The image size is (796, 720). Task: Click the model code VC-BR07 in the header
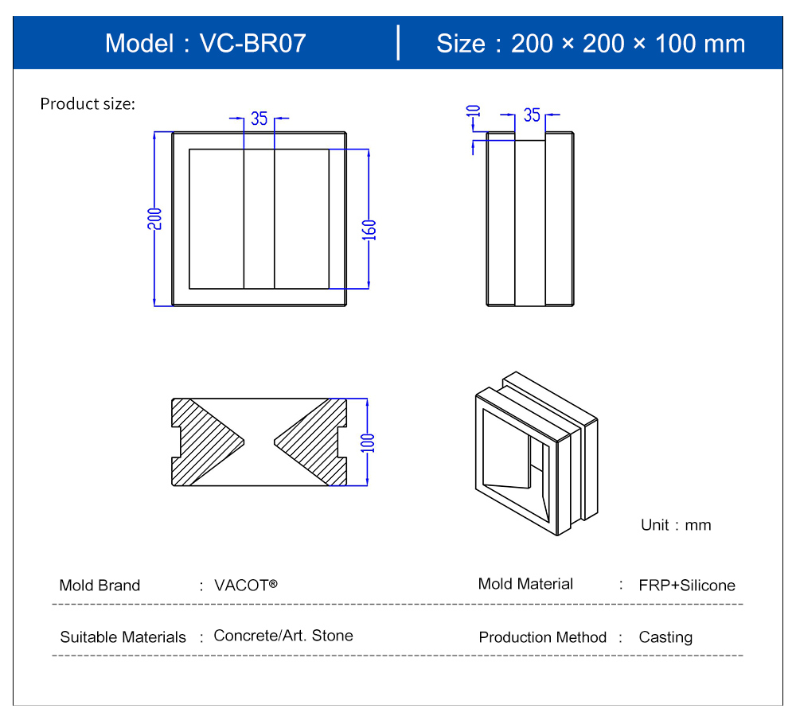[253, 43]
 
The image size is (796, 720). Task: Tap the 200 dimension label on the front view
[155, 219]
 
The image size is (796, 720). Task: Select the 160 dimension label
[369, 230]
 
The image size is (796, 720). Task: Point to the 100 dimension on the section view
[368, 443]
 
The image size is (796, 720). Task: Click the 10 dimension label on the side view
[473, 111]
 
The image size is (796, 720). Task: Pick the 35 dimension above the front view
[259, 119]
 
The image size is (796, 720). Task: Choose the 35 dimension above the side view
[532, 115]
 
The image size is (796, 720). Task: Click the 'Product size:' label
[88, 104]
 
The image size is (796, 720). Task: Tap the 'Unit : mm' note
[676, 524]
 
